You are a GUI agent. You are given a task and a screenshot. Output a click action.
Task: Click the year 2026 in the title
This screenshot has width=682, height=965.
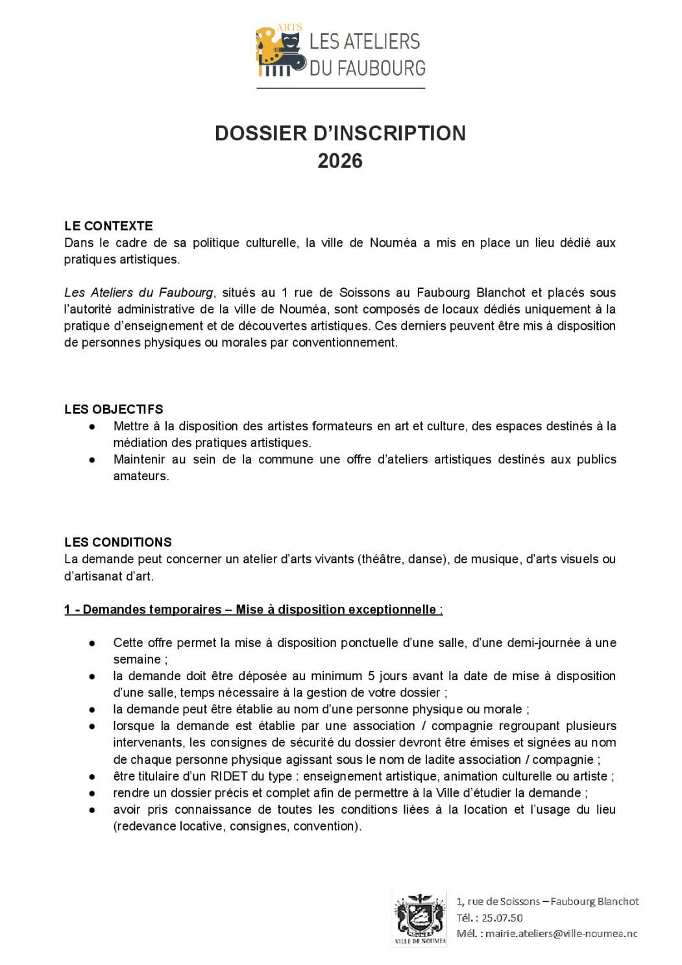(340, 161)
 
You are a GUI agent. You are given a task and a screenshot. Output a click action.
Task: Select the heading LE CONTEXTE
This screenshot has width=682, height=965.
(108, 226)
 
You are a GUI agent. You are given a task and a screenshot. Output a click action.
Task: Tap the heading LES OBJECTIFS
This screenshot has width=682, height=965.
(114, 409)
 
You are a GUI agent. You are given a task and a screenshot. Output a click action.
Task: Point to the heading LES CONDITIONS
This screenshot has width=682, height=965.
(118, 542)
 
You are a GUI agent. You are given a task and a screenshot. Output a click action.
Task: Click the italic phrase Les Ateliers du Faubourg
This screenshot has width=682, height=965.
(139, 293)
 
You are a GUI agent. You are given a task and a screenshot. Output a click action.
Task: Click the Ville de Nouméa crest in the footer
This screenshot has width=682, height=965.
(419, 918)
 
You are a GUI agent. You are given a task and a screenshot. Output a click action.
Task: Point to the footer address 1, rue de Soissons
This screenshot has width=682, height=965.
(497, 901)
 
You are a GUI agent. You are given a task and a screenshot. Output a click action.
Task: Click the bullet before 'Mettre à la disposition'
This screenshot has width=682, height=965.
(93, 426)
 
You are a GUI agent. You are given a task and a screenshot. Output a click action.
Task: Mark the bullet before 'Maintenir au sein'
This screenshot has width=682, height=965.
(93, 459)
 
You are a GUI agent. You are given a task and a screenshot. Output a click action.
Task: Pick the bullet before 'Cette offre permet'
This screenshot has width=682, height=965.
(93, 643)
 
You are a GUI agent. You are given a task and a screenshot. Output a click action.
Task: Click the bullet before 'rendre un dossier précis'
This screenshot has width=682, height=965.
(93, 793)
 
